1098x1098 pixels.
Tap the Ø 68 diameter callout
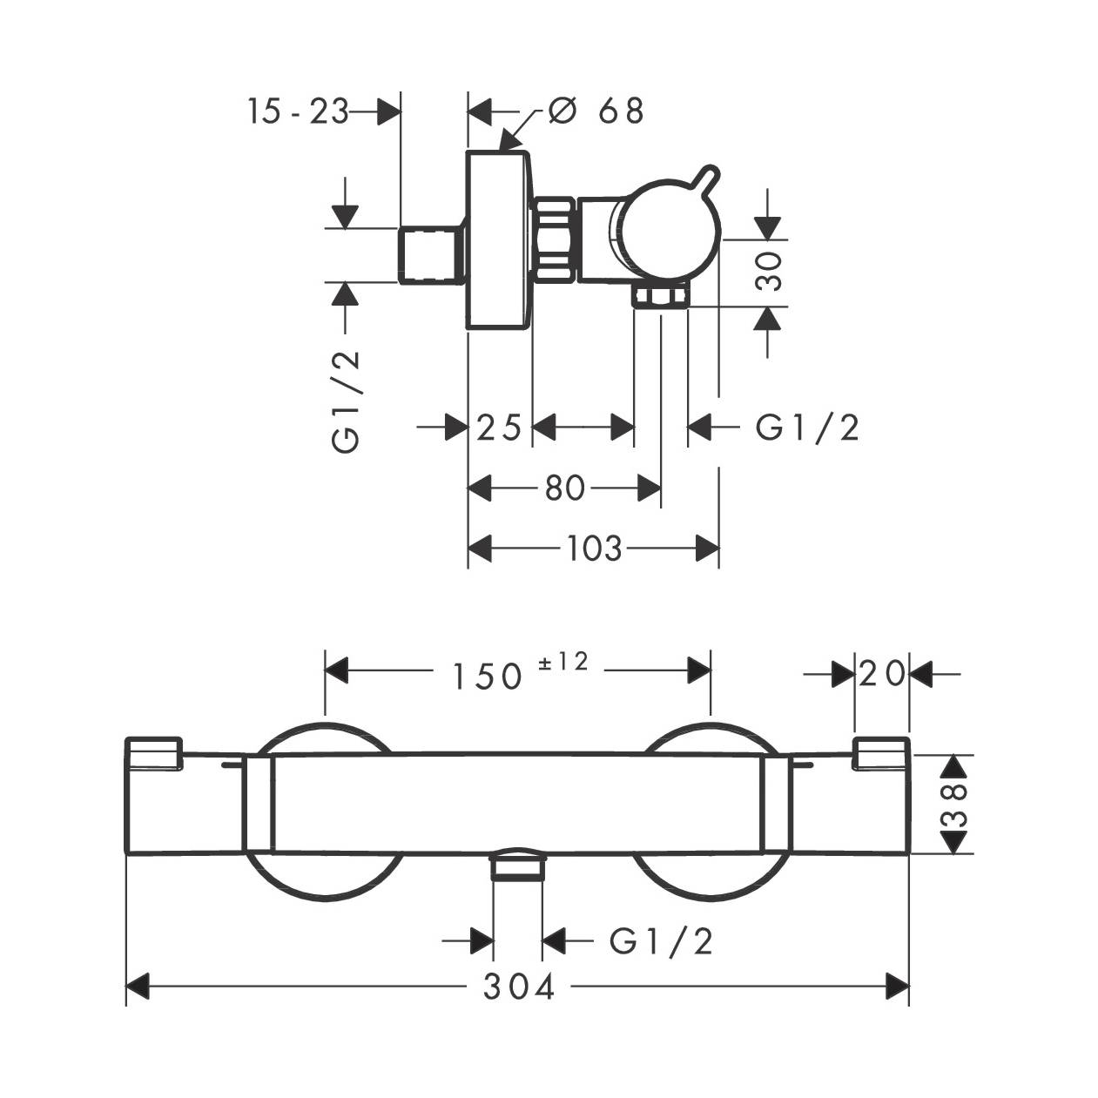point(597,111)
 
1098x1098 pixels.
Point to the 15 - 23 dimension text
point(298,111)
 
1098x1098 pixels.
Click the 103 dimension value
point(595,549)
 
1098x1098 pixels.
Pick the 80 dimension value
point(565,488)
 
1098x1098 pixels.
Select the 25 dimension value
point(500,428)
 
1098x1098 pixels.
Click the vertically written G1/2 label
point(346,401)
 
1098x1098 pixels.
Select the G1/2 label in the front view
point(662,940)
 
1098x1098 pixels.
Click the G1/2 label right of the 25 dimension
point(807,428)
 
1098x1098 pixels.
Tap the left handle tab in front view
point(154,753)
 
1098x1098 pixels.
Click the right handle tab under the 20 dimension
point(882,753)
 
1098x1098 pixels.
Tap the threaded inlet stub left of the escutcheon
point(433,255)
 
